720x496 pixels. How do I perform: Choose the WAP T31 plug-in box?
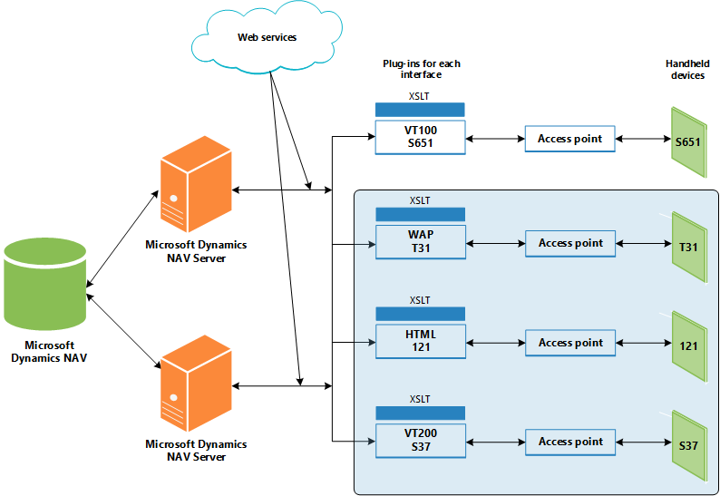tap(420, 241)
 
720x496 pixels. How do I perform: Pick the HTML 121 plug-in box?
tap(420, 340)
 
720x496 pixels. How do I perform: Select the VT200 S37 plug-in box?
tap(420, 441)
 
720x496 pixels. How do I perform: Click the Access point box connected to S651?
tap(569, 139)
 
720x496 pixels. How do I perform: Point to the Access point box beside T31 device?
tap(569, 243)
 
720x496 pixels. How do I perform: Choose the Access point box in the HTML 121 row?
tap(569, 343)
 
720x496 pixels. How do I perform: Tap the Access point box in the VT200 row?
tap(569, 442)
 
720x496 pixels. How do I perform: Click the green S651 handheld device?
tap(687, 141)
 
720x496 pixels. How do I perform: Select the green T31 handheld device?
tap(687, 246)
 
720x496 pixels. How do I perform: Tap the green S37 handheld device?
tap(687, 444)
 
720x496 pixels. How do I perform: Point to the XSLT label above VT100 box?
tap(420, 96)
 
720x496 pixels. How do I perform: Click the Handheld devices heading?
tap(685, 70)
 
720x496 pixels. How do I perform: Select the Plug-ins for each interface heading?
tap(422, 69)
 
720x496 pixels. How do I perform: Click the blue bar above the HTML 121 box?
tap(420, 314)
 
